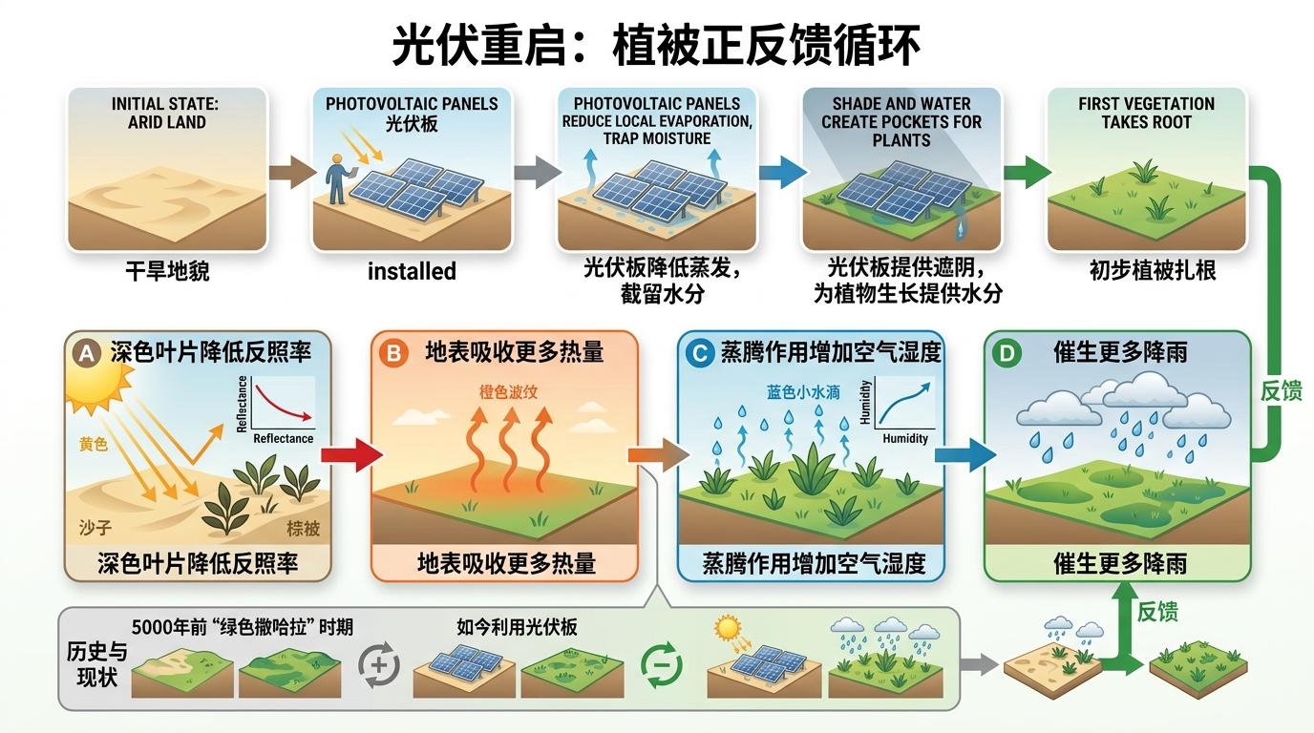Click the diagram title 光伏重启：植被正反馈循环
click(x=657, y=44)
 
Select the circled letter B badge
click(x=392, y=353)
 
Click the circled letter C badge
click(x=699, y=353)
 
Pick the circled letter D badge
click(x=1006, y=353)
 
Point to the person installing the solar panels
click(x=336, y=179)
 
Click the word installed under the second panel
click(x=412, y=272)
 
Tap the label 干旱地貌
click(x=167, y=272)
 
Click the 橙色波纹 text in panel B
click(x=509, y=391)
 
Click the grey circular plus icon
click(x=378, y=664)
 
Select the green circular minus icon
click(x=662, y=664)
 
